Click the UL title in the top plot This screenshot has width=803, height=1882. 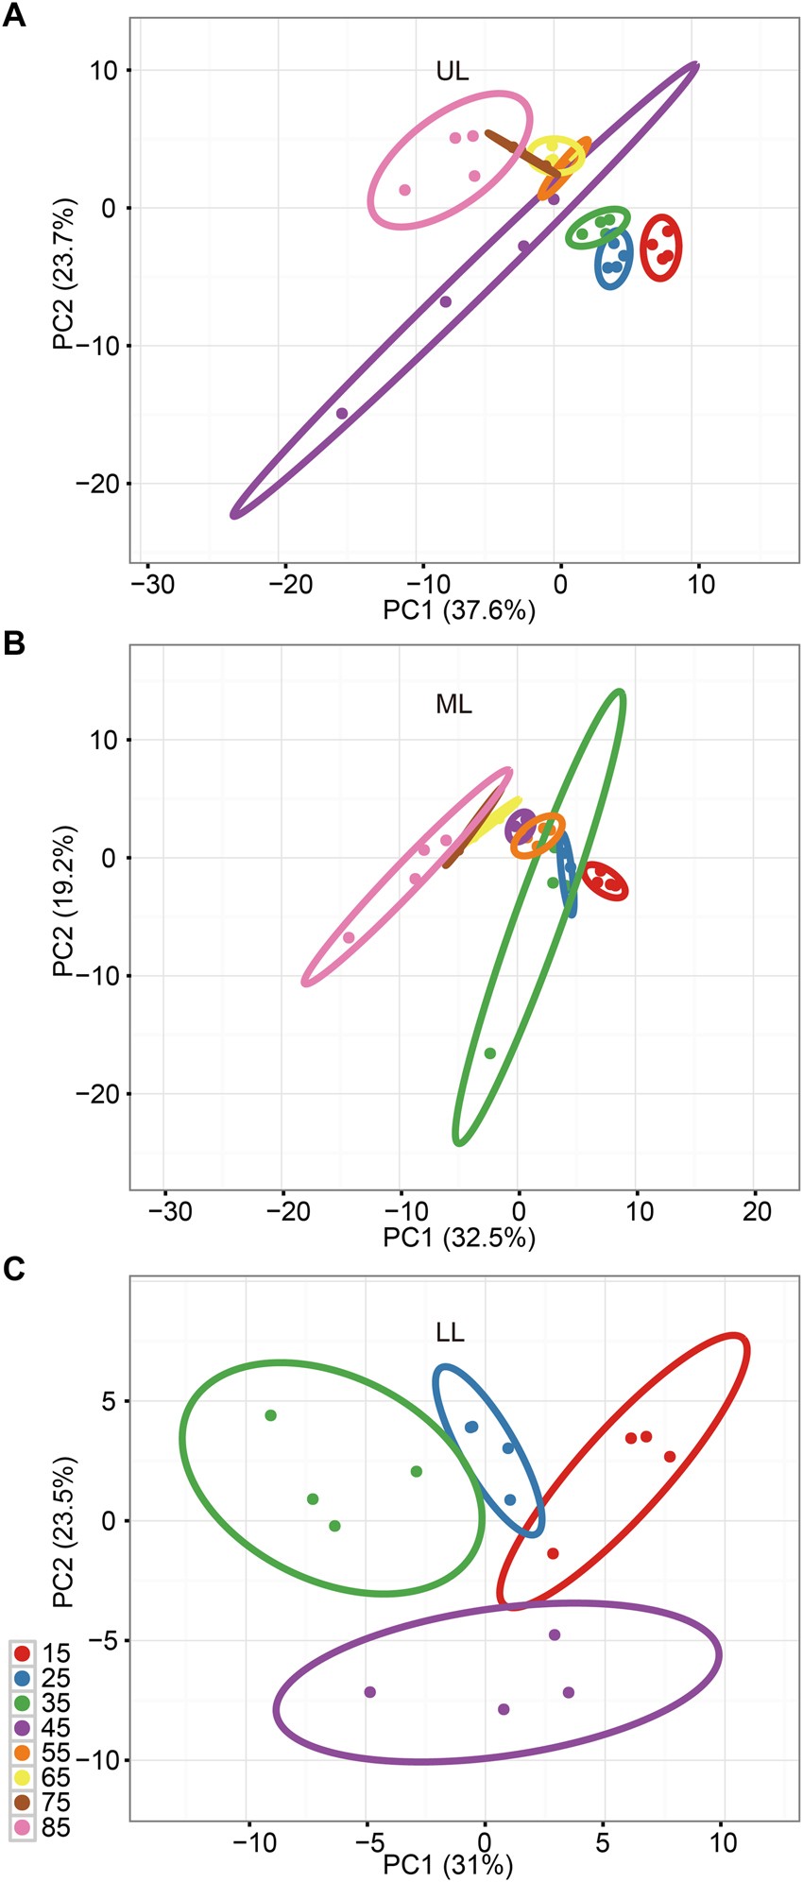(452, 71)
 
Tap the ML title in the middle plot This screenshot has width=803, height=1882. (453, 705)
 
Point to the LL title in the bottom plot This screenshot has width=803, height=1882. (450, 1333)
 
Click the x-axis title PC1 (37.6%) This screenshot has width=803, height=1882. (458, 610)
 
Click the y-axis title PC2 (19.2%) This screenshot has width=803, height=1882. (64, 900)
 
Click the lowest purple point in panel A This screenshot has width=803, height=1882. (342, 413)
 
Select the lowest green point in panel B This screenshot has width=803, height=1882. (489, 1052)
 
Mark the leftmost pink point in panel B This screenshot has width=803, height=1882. (349, 937)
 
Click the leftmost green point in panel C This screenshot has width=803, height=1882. (270, 1415)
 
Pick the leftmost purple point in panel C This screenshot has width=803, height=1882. (370, 1692)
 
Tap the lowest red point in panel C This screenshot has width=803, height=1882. (553, 1553)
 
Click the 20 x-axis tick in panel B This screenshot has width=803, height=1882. (757, 1212)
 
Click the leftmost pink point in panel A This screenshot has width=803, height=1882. (404, 190)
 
